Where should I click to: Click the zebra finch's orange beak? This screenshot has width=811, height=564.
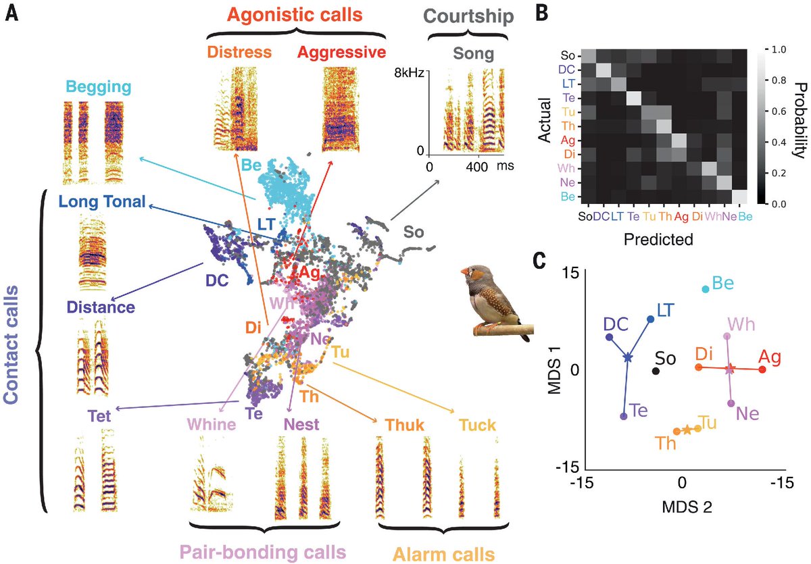pyautogui.click(x=465, y=272)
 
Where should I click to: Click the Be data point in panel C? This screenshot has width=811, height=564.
pyautogui.click(x=706, y=289)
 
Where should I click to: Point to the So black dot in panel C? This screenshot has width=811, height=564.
pyautogui.click(x=656, y=371)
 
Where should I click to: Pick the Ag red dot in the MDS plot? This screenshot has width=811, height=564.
pyautogui.click(x=762, y=369)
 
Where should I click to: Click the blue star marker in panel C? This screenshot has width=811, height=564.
pyautogui.click(x=628, y=357)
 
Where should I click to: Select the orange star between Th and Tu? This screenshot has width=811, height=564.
pyautogui.click(x=687, y=430)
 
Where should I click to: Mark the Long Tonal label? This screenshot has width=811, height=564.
pyautogui.click(x=101, y=201)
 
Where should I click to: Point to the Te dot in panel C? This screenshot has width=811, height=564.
pyautogui.click(x=624, y=416)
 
